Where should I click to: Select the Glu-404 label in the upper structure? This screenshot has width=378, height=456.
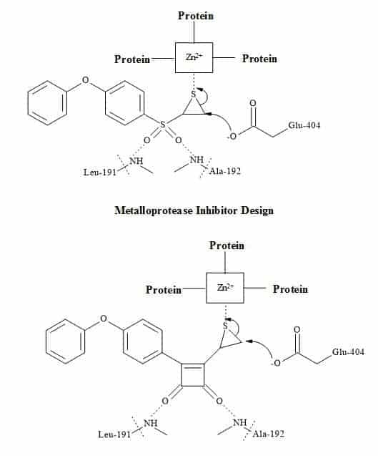click(x=304, y=125)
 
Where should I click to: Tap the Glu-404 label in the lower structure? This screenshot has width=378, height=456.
click(x=348, y=352)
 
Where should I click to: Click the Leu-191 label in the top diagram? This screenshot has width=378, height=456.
click(x=99, y=172)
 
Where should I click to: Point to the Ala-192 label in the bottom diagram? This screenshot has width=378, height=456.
click(x=268, y=434)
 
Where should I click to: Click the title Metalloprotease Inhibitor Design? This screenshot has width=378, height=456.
click(x=194, y=210)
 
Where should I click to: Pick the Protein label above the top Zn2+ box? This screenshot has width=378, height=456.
click(x=196, y=16)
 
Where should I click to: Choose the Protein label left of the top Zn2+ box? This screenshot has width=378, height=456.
click(x=132, y=59)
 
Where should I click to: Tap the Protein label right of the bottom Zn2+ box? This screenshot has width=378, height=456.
click(x=290, y=289)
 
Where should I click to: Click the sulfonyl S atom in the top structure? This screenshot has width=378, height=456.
click(x=163, y=125)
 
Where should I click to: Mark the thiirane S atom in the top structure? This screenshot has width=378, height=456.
click(x=194, y=94)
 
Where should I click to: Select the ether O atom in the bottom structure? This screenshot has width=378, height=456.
click(x=104, y=319)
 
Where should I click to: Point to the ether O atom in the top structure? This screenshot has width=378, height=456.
click(x=85, y=79)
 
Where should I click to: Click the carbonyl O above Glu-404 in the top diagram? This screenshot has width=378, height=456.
click(x=253, y=103)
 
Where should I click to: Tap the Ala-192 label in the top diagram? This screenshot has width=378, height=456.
click(x=225, y=170)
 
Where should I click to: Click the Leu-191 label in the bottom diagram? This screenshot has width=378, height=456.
click(x=114, y=435)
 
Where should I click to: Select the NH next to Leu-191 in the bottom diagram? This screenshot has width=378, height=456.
click(x=151, y=422)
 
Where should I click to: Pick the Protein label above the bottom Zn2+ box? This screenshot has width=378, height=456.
click(x=227, y=246)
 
